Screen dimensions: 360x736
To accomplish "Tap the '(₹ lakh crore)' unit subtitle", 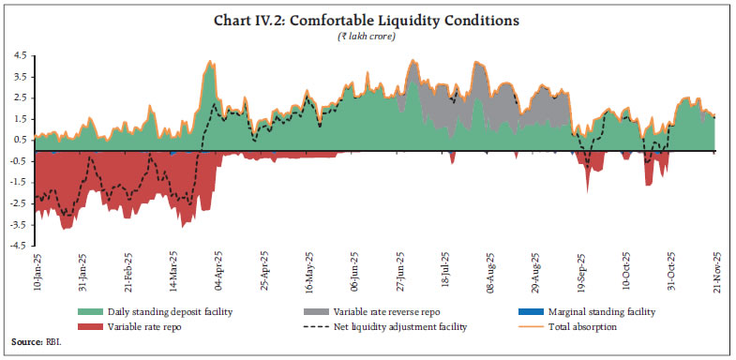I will (367, 36).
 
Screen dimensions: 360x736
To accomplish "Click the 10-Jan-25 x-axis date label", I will (37, 273).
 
